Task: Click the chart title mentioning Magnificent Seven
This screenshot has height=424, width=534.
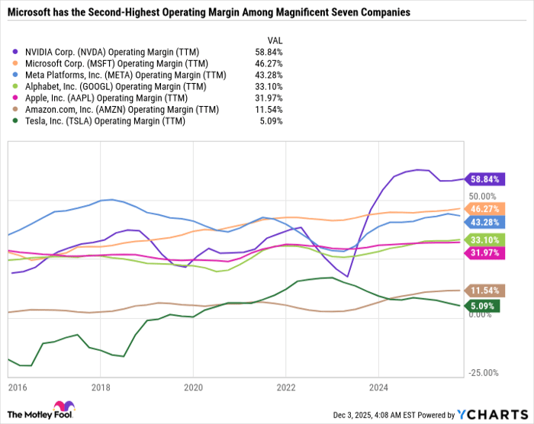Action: pos(207,13)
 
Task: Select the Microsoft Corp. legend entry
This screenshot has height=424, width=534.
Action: pos(114,65)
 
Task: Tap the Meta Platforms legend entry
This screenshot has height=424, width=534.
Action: pos(123,75)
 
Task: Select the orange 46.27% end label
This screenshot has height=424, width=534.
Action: pos(484,208)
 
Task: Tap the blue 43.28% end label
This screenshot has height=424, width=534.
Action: pos(484,222)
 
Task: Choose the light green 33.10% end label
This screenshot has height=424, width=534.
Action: pos(484,240)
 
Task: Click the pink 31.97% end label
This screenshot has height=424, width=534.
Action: pos(484,253)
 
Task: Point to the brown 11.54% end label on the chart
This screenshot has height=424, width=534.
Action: pos(484,291)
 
